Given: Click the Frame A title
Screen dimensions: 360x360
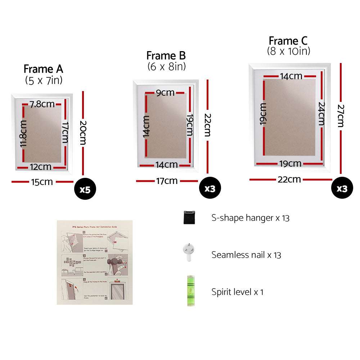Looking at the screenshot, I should click(x=43, y=69).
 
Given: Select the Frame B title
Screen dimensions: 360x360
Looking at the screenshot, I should click(x=166, y=56).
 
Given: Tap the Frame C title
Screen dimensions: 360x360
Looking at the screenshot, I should click(x=288, y=41).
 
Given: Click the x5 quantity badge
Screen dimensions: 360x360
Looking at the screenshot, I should click(x=85, y=189).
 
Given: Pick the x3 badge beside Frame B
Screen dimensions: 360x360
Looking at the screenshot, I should click(x=210, y=188).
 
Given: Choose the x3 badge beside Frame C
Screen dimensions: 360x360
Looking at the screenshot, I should click(x=342, y=188).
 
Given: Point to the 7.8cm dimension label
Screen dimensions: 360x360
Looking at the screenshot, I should click(x=42, y=104).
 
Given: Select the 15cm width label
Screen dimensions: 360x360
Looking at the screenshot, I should click(x=42, y=182).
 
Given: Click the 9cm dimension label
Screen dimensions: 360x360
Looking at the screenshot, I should click(x=165, y=93).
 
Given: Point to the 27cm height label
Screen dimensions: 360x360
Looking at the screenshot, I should click(x=340, y=116).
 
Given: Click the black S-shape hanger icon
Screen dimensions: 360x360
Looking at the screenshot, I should click(x=189, y=217).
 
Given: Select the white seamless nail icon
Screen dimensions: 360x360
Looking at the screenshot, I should click(x=189, y=253).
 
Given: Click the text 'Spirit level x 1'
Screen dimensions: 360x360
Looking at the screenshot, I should click(x=237, y=292).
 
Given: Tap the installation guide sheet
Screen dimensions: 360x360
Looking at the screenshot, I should click(x=95, y=262).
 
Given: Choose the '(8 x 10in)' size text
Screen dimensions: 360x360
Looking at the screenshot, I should click(x=288, y=51).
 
